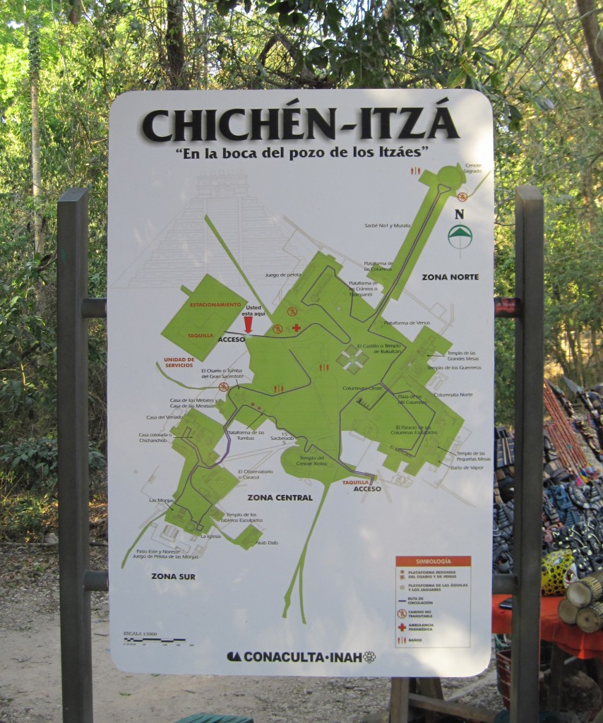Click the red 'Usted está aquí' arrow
coord(248,324)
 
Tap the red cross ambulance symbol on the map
coord(297,328)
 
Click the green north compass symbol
coord(460,236)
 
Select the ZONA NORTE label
coord(450,277)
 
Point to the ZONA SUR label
coord(173,576)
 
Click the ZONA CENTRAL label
coord(280,497)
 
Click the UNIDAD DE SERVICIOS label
coord(179,361)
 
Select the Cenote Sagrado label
coord(472,168)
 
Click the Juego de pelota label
coord(282,274)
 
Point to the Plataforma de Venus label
coord(408,323)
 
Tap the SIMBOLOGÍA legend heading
coord(433,561)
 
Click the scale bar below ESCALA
coord(154,640)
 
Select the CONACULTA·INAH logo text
coord(301,657)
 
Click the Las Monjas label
coord(161,500)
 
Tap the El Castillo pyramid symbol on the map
coord(352,359)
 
